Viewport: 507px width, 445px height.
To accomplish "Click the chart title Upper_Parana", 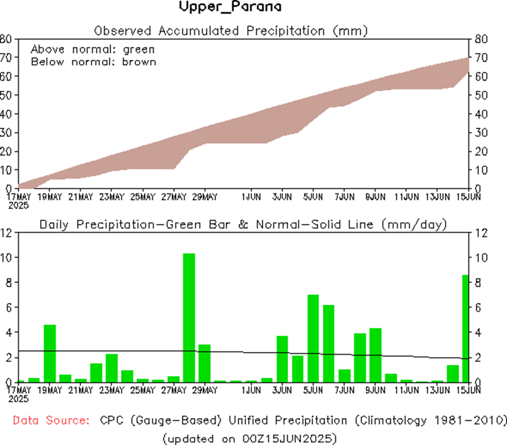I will pyautogui.click(x=230, y=8).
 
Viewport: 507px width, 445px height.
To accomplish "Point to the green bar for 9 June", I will pyautogui.click(x=376, y=355).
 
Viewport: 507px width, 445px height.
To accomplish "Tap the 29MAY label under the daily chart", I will pyautogui.click(x=205, y=391).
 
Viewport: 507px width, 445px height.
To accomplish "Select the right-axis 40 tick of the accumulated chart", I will pyautogui.click(x=477, y=114).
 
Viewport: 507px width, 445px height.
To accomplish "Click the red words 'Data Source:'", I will pyautogui.click(x=51, y=421).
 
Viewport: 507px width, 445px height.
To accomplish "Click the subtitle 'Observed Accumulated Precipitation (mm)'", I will pyautogui.click(x=230, y=30).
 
